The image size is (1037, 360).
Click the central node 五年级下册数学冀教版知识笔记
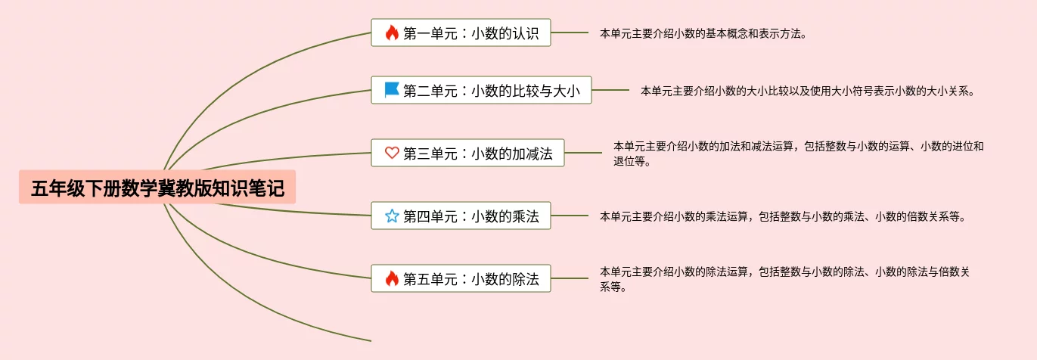(157, 188)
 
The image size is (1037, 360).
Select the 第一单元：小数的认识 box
(461, 33)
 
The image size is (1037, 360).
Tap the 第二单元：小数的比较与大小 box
(481, 90)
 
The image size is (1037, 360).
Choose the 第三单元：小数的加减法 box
(467, 154)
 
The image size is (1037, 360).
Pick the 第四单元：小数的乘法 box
(461, 216)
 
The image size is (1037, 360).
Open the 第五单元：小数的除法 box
(461, 278)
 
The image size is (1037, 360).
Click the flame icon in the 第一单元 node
(391, 33)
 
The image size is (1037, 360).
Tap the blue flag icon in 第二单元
(391, 90)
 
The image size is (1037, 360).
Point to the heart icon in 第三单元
(391, 154)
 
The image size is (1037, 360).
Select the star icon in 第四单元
(391, 216)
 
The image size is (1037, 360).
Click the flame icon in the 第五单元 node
(391, 278)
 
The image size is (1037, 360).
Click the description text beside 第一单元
(703, 33)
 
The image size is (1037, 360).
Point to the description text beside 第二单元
(807, 91)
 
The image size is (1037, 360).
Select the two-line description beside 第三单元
(798, 154)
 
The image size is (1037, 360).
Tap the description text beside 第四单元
(782, 216)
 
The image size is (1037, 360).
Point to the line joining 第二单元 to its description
(610, 90)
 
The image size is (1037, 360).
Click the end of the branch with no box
(369, 340)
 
